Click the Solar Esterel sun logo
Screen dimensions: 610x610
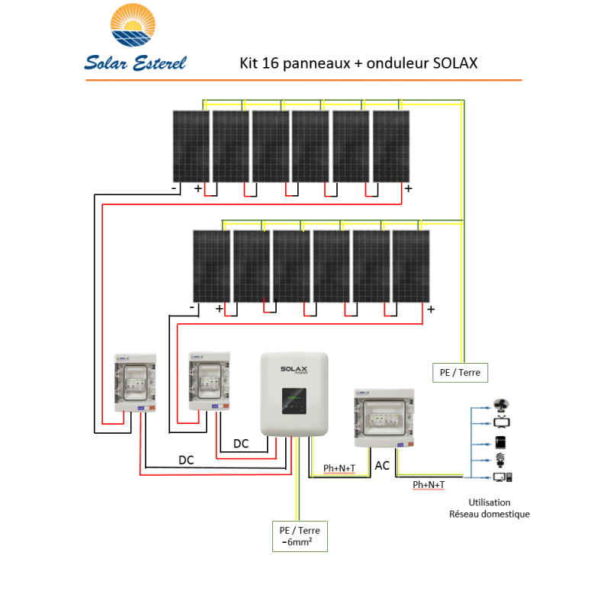[136, 27]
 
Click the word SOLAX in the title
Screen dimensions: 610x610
[454, 63]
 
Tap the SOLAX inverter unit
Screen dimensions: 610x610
[295, 393]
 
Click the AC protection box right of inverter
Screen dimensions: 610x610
[385, 418]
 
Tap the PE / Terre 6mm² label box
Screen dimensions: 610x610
[300, 536]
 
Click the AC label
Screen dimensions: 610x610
[383, 465]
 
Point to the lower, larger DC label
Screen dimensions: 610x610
[186, 461]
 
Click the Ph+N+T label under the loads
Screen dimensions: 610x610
[429, 485]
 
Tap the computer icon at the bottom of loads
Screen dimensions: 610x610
[503, 478]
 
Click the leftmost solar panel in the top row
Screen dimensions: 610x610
[190, 146]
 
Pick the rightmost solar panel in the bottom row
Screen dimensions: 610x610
[411, 265]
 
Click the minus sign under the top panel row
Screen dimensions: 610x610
[175, 188]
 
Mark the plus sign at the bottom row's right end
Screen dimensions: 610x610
[431, 309]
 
